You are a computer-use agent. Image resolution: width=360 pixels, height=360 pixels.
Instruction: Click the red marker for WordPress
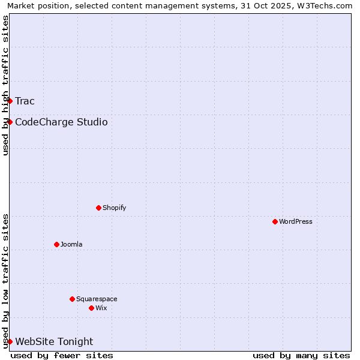click(x=275, y=221)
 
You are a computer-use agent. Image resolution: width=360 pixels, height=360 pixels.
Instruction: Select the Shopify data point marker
click(x=98, y=208)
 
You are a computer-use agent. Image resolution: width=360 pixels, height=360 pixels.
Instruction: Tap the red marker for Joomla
click(x=56, y=244)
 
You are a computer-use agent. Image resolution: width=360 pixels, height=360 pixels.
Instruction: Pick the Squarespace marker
click(x=72, y=299)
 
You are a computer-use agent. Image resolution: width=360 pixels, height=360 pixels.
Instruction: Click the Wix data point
click(x=91, y=308)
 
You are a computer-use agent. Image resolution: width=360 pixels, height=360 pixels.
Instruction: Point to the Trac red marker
click(x=10, y=101)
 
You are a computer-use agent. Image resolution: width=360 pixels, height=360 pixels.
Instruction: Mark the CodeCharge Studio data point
click(x=10, y=122)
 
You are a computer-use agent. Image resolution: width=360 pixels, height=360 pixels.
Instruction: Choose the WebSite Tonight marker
click(x=10, y=341)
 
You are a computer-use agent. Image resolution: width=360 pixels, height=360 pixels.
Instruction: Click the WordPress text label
click(x=296, y=221)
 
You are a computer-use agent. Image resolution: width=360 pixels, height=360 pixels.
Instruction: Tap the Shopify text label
click(x=115, y=208)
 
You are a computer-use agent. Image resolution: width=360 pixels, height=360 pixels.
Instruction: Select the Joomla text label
click(x=71, y=244)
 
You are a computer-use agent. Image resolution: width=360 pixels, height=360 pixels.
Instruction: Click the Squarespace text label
click(x=97, y=299)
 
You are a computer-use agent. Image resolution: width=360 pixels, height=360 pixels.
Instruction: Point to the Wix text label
click(x=101, y=308)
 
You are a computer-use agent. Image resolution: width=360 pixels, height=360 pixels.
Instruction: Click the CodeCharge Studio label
click(x=61, y=122)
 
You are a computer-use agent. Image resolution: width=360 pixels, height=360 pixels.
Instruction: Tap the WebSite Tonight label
click(x=54, y=342)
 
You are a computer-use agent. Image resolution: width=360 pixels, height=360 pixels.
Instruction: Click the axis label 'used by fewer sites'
click(x=62, y=355)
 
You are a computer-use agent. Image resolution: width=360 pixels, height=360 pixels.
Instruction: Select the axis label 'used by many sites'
click(x=301, y=355)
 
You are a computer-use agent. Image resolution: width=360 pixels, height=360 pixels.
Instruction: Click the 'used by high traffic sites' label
click(x=5, y=85)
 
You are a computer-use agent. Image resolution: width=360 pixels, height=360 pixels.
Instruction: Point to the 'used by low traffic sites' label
click(x=5, y=280)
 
